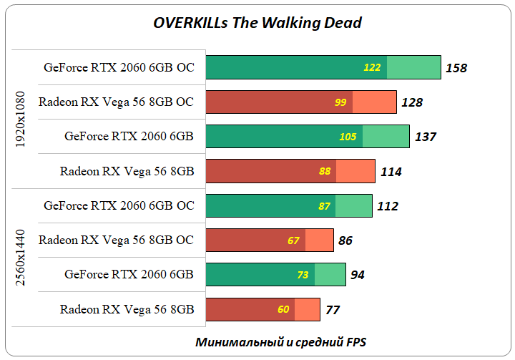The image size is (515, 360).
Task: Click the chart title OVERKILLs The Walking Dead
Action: [x=257, y=23]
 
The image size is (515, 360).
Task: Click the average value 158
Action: [x=456, y=68]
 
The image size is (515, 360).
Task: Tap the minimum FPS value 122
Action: [x=372, y=68]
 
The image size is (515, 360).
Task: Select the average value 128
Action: [x=412, y=102]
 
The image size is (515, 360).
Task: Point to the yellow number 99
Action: [x=340, y=102]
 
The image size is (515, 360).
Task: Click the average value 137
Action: [x=425, y=137]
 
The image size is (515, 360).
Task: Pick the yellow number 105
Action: [x=348, y=137]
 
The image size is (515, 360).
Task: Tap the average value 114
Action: [x=391, y=172]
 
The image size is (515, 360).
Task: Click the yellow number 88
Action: [x=325, y=172]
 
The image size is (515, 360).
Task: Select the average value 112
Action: [x=387, y=206]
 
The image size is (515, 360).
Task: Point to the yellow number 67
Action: [x=293, y=240]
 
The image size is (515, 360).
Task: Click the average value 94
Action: [x=358, y=275]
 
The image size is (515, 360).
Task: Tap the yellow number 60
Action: [x=283, y=310]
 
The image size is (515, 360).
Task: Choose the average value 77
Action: [x=332, y=310]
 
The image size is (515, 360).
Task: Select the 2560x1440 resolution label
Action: [x=21, y=258]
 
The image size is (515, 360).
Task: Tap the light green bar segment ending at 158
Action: [x=413, y=67]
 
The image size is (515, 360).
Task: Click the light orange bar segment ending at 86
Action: [x=319, y=240]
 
